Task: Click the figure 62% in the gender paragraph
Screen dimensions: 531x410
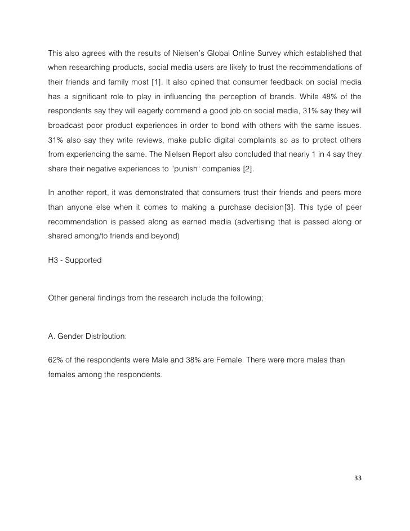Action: coord(56,359)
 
